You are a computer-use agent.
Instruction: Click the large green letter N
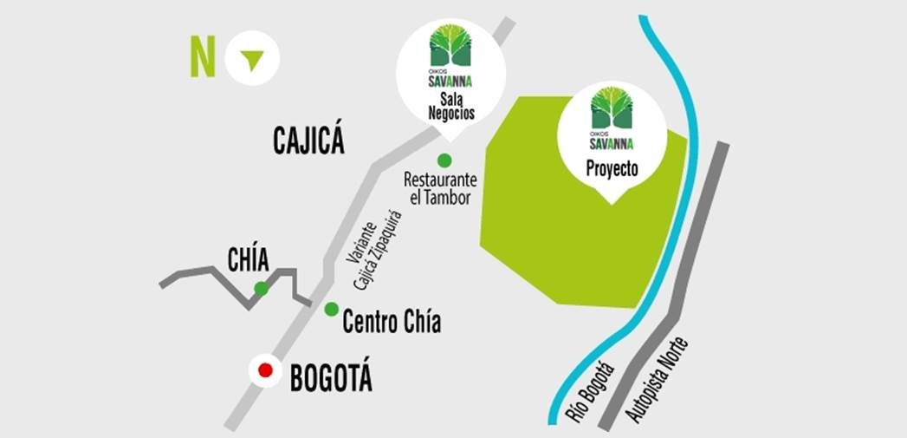(x=203, y=58)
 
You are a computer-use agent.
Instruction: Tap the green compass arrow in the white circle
(x=252, y=60)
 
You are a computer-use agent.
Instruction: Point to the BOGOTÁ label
(x=331, y=379)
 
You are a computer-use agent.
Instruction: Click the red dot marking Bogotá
(x=265, y=371)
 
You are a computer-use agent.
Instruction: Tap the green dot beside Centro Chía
(x=331, y=309)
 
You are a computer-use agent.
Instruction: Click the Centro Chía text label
(x=392, y=323)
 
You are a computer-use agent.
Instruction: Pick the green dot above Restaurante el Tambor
(x=444, y=160)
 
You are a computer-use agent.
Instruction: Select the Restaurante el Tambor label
(x=440, y=188)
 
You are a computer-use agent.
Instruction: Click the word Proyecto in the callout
(x=612, y=169)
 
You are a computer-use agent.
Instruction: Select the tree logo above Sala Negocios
(x=450, y=45)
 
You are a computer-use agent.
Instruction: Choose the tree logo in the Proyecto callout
(x=612, y=108)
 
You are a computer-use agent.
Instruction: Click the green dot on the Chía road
(x=261, y=288)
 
